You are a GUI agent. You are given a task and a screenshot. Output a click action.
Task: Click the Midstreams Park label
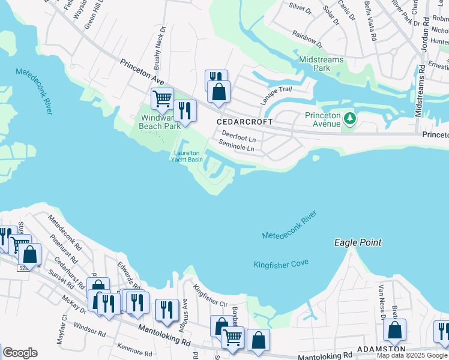321,64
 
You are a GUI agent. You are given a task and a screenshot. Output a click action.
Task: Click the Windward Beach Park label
159,122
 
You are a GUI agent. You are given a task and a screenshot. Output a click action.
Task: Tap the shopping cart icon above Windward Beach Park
162,98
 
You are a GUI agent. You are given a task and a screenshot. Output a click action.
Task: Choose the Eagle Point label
358,243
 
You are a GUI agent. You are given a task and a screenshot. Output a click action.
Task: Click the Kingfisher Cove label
281,264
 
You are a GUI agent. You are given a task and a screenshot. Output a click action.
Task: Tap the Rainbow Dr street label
307,40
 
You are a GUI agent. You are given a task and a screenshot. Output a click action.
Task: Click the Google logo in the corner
20,353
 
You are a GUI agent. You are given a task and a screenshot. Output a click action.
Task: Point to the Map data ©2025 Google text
412,355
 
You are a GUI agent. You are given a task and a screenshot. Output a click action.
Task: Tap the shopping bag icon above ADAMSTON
394,329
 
